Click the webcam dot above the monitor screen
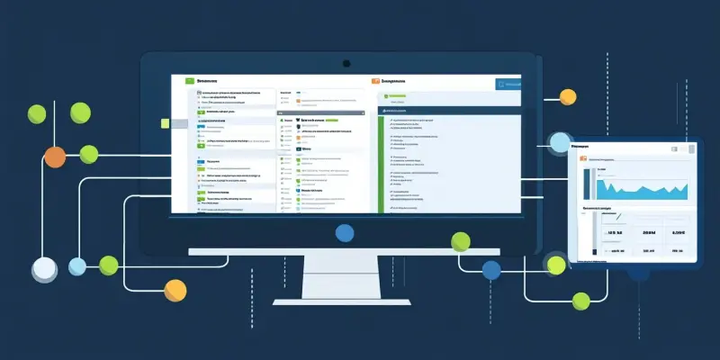[x=346, y=63]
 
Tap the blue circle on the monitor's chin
[x=345, y=233]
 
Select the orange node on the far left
[x=55, y=157]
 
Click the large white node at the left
[x=44, y=267]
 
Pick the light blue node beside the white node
[x=77, y=266]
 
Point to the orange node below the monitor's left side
[x=175, y=289]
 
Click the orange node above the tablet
[x=568, y=96]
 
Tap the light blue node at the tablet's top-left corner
[x=560, y=142]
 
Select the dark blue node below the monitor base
[x=491, y=269]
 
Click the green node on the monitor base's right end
[x=461, y=240]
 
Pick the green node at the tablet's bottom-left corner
[x=556, y=265]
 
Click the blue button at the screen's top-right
[x=508, y=85]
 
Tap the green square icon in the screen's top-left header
[x=190, y=81]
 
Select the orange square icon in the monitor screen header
[x=376, y=81]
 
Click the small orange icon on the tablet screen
[x=583, y=159]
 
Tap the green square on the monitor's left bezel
[x=166, y=122]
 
